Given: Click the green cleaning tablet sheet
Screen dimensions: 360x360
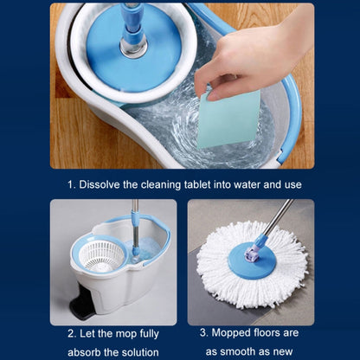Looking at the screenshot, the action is [x=228, y=119].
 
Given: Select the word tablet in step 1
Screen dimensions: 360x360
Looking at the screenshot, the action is [x=197, y=184].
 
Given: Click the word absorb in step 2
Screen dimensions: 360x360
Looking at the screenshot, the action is [x=84, y=352].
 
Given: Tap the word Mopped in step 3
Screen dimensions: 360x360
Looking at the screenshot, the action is [x=231, y=333].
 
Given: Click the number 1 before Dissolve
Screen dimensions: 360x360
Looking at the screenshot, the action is [x=71, y=184].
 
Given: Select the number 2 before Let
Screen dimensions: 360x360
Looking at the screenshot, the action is [x=72, y=334].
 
